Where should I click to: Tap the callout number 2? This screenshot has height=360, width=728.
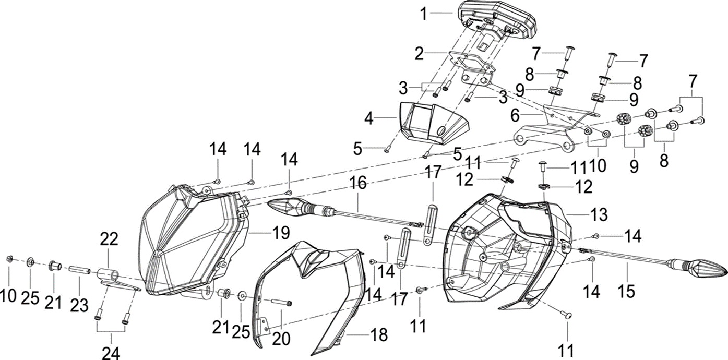coord(419,53)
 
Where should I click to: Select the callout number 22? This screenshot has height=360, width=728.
coord(110,239)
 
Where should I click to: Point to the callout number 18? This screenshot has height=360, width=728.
coord(380,335)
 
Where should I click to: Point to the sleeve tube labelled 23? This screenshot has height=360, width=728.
coord(79,271)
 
